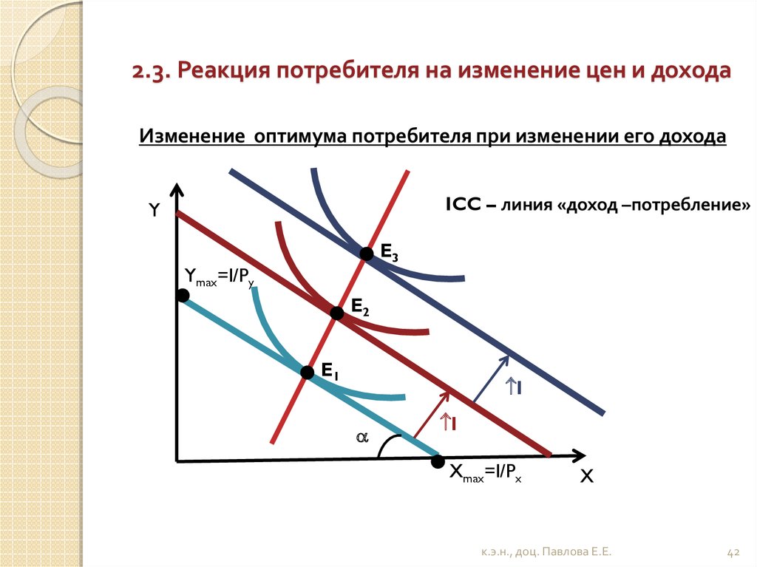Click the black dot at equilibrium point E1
pos(307,373)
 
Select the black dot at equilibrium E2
pos(337,313)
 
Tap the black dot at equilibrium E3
pos(367,254)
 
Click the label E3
pos(389,253)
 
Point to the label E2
pos(360,308)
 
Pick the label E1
pos(330,372)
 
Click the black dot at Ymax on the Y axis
pos(182,295)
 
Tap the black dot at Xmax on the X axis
pos(438,461)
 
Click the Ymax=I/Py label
pos(220,277)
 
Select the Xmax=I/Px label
pos(485,473)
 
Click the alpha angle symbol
pos(362,438)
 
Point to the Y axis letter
pos(154,210)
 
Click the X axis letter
pos(586,477)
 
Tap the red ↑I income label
pos(447,423)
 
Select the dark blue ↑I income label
pos(513,387)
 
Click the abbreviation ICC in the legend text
pos(464,205)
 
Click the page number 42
pos(733,552)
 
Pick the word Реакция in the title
pos(223,70)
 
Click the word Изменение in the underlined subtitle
pos(192,136)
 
